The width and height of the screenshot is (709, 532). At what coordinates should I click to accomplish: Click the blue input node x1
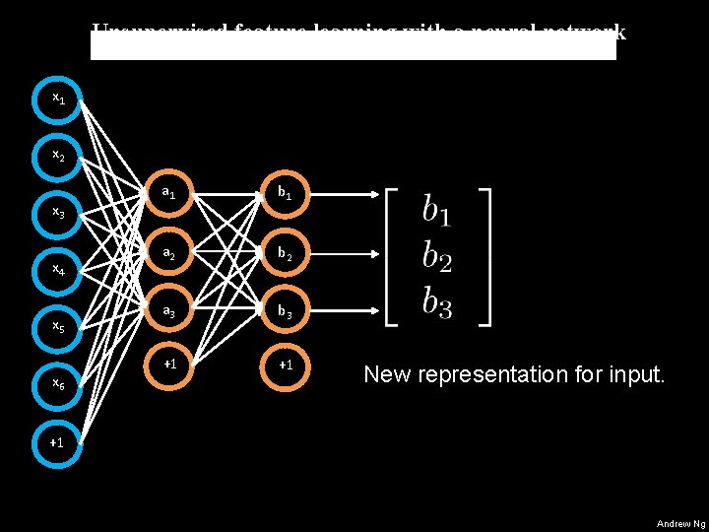point(58,100)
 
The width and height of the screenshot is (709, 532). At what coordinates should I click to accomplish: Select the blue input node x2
point(58,157)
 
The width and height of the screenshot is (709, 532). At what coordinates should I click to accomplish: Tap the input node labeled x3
point(58,213)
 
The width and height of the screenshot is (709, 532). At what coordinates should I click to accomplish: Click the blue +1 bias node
point(58,442)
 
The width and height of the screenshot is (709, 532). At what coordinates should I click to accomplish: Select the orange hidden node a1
point(169,193)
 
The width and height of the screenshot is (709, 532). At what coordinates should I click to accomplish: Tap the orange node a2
point(169,251)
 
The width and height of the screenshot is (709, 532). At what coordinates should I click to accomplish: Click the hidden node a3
point(169,309)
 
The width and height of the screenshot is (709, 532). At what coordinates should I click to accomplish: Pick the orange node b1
point(285,193)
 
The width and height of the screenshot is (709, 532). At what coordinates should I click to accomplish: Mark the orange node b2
point(285,251)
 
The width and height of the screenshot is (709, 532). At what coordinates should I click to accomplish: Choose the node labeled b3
point(285,309)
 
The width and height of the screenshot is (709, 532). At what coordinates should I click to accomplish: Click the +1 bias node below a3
point(169,366)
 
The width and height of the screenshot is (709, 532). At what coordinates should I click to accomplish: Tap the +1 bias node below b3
point(285,366)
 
